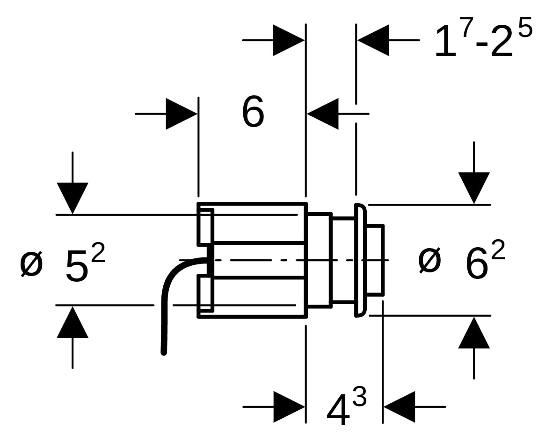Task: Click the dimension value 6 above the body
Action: tap(253, 113)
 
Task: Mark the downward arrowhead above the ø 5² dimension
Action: tap(73, 198)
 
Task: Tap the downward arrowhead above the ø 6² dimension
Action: tap(474, 188)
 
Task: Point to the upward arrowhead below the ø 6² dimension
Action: tap(474, 333)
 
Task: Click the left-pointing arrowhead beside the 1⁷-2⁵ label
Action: tap(373, 40)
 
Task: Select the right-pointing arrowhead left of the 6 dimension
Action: tap(182, 114)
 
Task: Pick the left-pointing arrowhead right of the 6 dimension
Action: tap(323, 114)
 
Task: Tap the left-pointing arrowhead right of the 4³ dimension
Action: tap(399, 407)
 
